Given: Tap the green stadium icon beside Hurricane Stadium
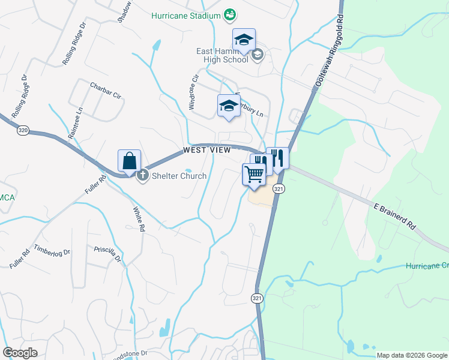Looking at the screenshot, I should click(x=229, y=14).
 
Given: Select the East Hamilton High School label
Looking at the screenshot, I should click(x=222, y=56).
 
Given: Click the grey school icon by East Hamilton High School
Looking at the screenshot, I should click(x=257, y=56).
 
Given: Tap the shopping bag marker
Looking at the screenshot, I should click(x=129, y=162).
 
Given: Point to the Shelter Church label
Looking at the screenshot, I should click(x=178, y=176).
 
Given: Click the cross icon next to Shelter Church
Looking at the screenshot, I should click(x=143, y=176).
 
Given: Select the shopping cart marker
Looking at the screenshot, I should click(x=254, y=175).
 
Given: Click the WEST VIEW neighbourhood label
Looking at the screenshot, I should click(x=208, y=150).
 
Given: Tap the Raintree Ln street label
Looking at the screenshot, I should click(x=75, y=124).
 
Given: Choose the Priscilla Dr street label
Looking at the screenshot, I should click(x=107, y=253).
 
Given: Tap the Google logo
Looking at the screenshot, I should click(x=20, y=353).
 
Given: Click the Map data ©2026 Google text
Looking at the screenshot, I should click(x=411, y=355).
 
